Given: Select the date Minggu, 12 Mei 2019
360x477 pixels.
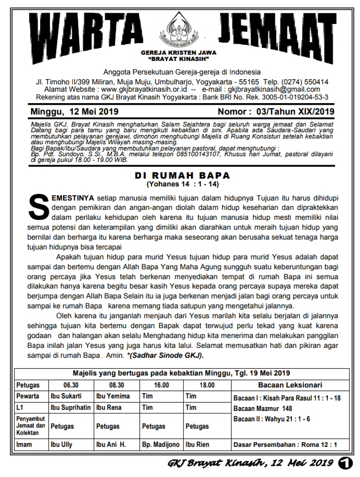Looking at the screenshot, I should point(74,111).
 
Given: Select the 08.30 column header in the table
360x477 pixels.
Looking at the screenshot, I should point(116,385).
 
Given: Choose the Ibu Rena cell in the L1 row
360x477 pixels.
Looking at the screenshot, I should point(108,407).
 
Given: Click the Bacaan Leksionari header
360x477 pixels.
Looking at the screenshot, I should point(289,385).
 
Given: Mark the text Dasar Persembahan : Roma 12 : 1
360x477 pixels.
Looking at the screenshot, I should point(286,445).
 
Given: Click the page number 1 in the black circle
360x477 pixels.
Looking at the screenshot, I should point(344,462).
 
